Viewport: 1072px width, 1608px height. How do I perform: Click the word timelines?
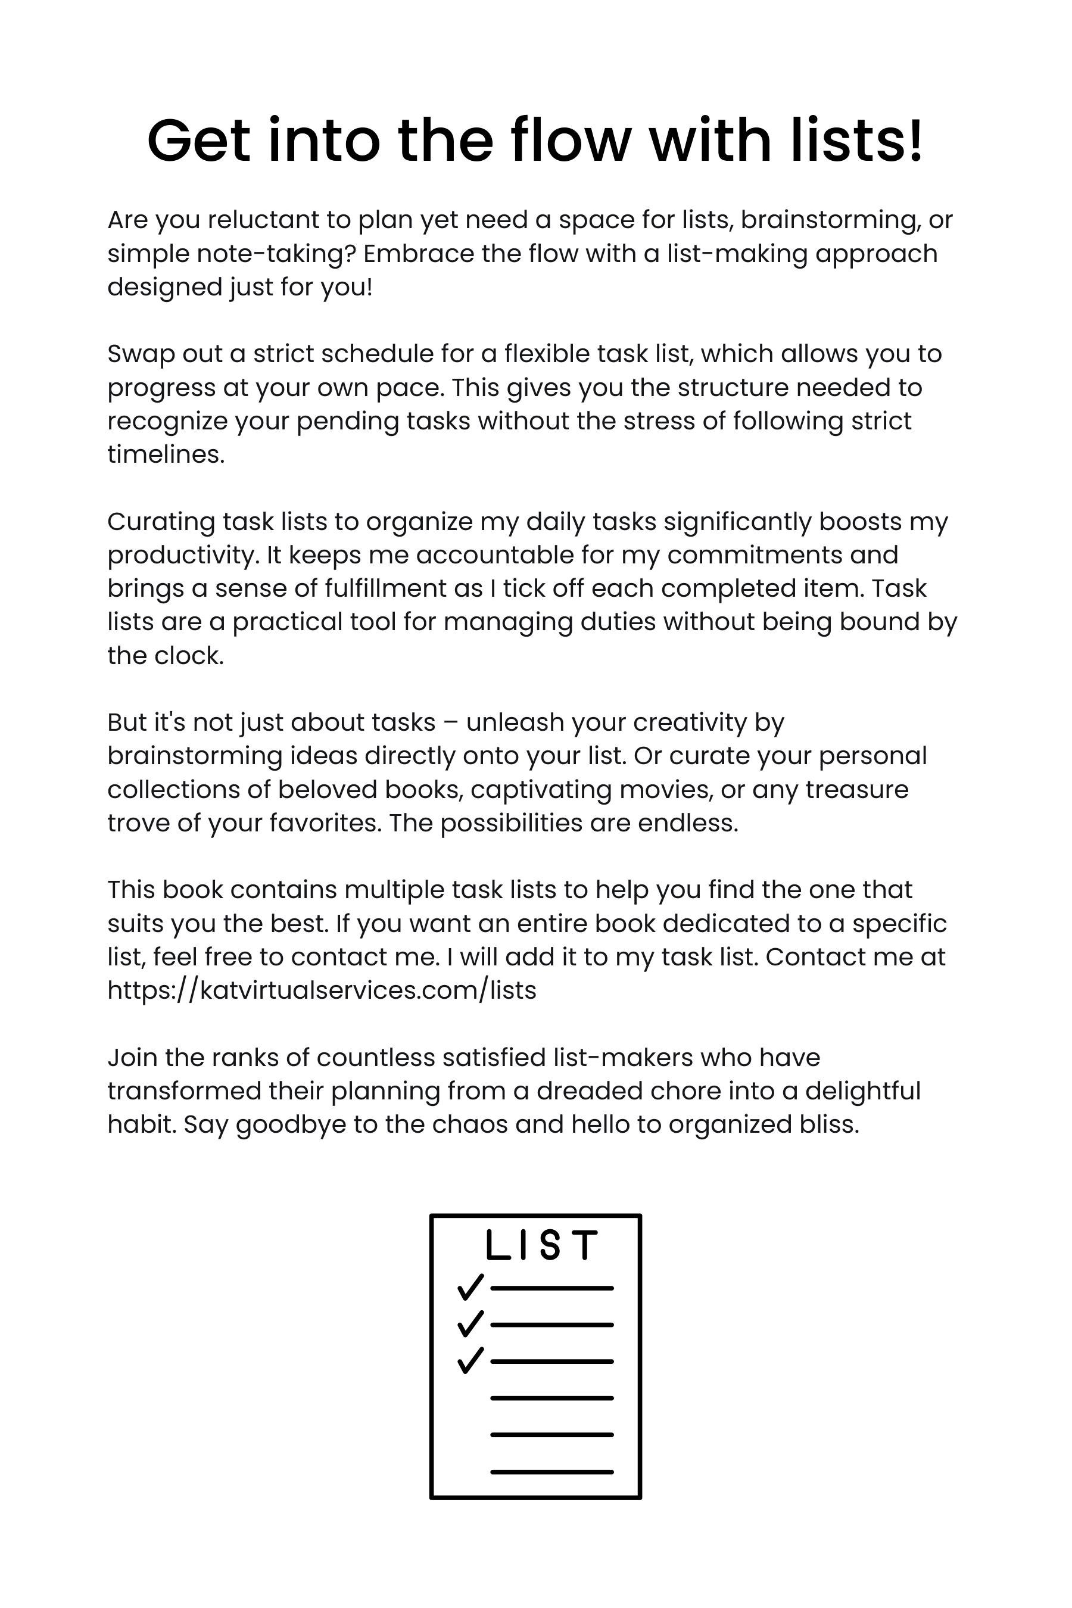click(166, 454)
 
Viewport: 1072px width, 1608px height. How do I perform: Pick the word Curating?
click(161, 522)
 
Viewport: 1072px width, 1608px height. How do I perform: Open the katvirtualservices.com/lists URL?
click(322, 990)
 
